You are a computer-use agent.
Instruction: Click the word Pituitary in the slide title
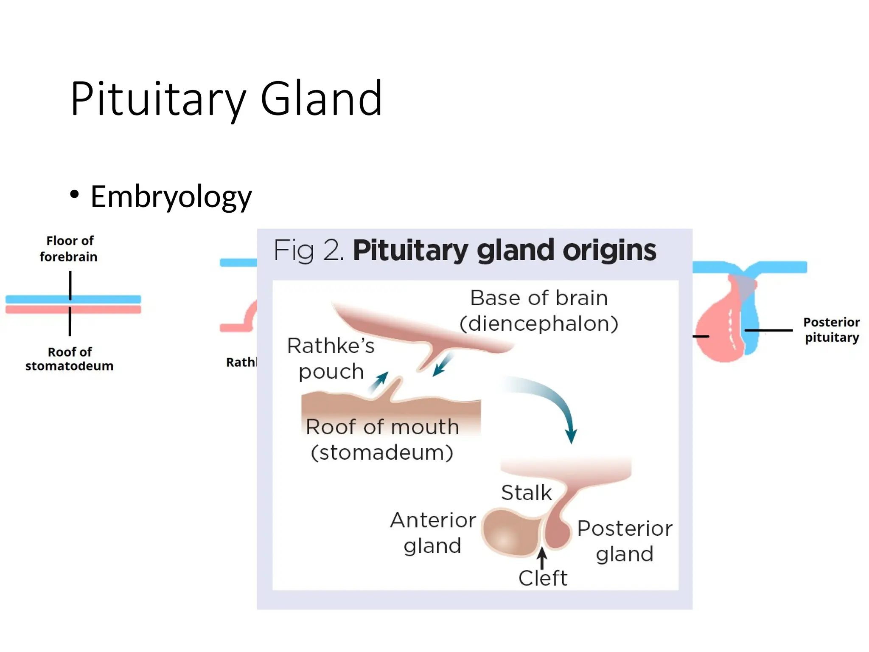coord(157,100)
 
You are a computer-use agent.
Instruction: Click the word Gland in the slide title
coord(321,100)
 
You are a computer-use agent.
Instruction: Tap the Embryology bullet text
coord(171,197)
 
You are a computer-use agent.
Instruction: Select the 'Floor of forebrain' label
coord(69,249)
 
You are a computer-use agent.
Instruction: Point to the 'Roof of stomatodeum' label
coord(69,359)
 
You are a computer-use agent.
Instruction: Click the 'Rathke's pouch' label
coord(331,359)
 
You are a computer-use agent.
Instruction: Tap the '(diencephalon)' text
coord(539,324)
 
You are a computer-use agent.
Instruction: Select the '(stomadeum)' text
coord(382,452)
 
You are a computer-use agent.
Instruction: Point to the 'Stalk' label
coord(526,493)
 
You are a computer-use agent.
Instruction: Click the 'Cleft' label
coord(543,578)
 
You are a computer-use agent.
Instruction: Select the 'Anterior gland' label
coord(433,533)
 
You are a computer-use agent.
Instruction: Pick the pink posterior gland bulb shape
coord(558,533)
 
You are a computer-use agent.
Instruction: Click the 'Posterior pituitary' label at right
coord(832,330)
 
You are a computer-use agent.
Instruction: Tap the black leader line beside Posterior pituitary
coord(768,330)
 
